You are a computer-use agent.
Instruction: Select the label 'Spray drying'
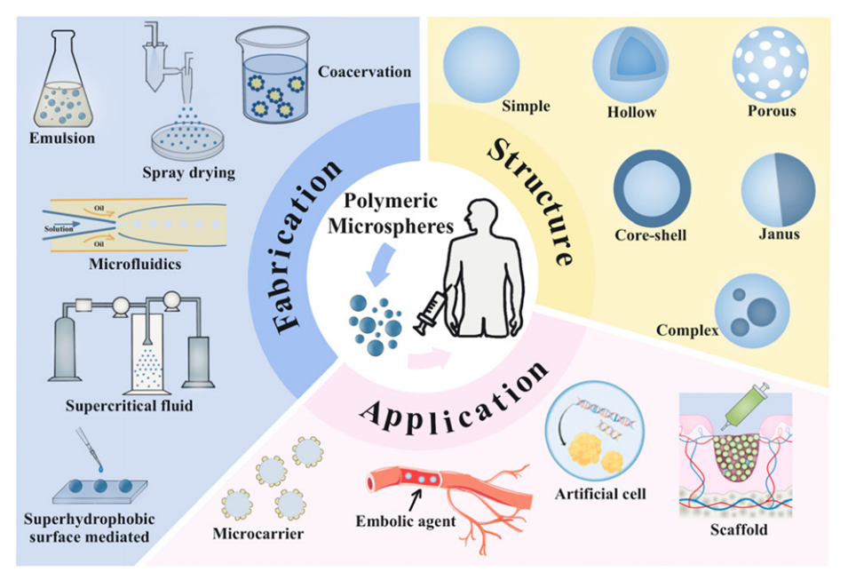coord(188,171)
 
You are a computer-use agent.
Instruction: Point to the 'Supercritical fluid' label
coord(129,408)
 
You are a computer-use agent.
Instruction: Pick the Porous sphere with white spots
coord(769,64)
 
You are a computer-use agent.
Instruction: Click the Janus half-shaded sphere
coord(779,189)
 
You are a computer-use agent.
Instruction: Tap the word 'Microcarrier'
coord(259,533)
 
